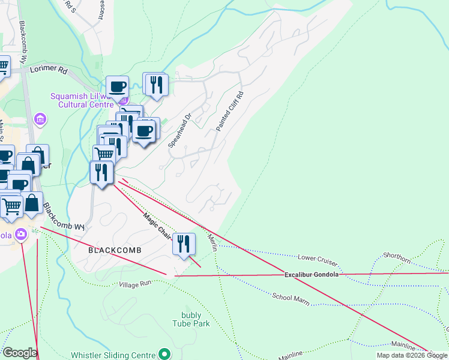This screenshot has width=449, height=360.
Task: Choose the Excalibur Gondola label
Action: pyautogui.click(x=312, y=275)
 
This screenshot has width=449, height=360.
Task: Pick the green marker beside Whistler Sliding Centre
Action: pyautogui.click(x=163, y=355)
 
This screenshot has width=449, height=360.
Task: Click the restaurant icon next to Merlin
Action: pyautogui.click(x=184, y=244)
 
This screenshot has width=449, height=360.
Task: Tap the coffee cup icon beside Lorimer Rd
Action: pyautogui.click(x=118, y=86)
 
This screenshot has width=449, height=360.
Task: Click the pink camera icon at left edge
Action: pyautogui.click(x=22, y=234)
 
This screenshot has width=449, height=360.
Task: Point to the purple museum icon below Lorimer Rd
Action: pyautogui.click(x=41, y=118)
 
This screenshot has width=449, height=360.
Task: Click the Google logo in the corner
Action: pyautogui.click(x=19, y=353)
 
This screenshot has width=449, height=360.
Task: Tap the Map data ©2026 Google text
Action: pyautogui.click(x=411, y=355)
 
